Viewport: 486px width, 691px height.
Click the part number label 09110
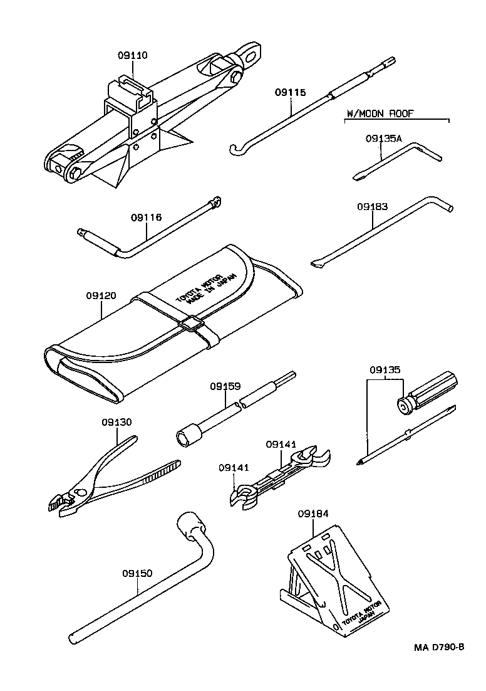click(x=132, y=55)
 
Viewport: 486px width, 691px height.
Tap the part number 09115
click(x=290, y=92)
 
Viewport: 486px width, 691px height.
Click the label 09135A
click(x=383, y=139)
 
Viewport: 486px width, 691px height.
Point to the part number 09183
click(x=373, y=206)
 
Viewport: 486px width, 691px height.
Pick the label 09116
click(x=147, y=218)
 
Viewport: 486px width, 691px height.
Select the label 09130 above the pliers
click(x=117, y=422)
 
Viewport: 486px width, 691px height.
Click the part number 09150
click(x=137, y=573)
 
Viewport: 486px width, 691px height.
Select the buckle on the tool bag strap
click(x=190, y=324)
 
